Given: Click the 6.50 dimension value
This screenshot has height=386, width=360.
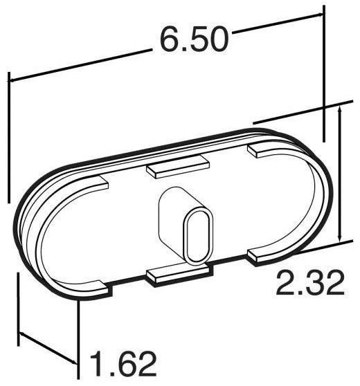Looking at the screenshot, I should click(193, 41).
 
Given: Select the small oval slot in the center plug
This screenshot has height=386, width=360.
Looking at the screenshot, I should click(196, 238).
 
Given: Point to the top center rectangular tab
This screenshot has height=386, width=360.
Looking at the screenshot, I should click(177, 167).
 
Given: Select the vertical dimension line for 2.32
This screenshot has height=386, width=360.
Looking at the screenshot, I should click(339, 173).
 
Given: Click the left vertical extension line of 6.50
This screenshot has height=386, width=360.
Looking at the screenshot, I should click(8, 138).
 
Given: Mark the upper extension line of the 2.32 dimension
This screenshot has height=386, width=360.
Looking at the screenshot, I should click(298, 111).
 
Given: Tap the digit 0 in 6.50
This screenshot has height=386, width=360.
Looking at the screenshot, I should click(217, 41).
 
